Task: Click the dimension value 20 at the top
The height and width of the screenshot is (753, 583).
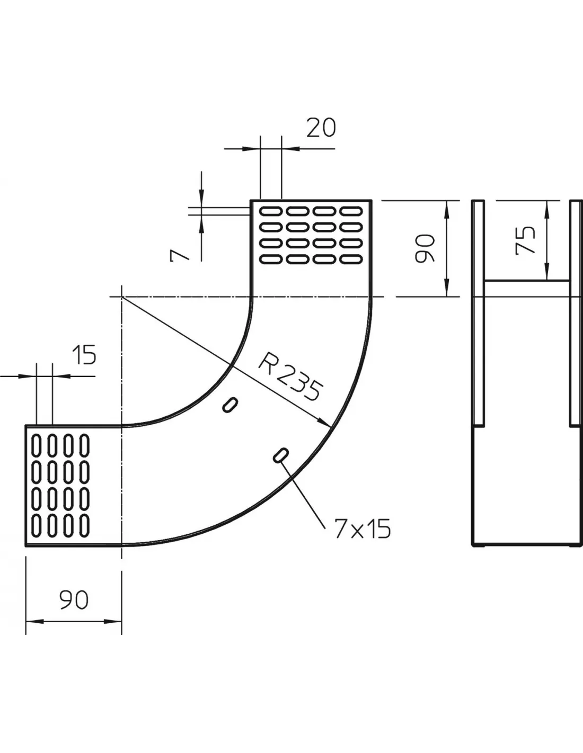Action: pyautogui.click(x=321, y=128)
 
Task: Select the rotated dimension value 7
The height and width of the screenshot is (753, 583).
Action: pyautogui.click(x=179, y=255)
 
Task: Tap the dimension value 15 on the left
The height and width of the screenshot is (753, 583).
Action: pyautogui.click(x=84, y=355)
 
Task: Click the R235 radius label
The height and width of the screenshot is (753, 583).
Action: pyautogui.click(x=290, y=376)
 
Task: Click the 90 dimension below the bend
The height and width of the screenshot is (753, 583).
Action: pyautogui.click(x=74, y=600)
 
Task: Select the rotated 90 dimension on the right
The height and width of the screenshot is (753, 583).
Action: pyautogui.click(x=425, y=248)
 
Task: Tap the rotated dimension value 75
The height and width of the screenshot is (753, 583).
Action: pyautogui.click(x=525, y=240)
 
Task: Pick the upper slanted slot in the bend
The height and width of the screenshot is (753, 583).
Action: pyautogui.click(x=230, y=405)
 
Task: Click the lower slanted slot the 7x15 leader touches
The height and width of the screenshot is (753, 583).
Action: pyautogui.click(x=280, y=455)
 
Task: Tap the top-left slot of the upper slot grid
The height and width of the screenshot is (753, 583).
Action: pyautogui.click(x=270, y=211)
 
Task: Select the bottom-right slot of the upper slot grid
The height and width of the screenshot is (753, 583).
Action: pyautogui.click(x=351, y=259)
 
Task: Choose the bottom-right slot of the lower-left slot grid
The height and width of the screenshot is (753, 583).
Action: pyautogui.click(x=84, y=526)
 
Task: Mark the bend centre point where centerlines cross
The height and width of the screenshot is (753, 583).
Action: pyautogui.click(x=121, y=297)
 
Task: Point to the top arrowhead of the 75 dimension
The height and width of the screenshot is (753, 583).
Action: pyautogui.click(x=547, y=209)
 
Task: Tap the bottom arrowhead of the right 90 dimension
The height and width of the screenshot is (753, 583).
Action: pyautogui.click(x=447, y=288)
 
